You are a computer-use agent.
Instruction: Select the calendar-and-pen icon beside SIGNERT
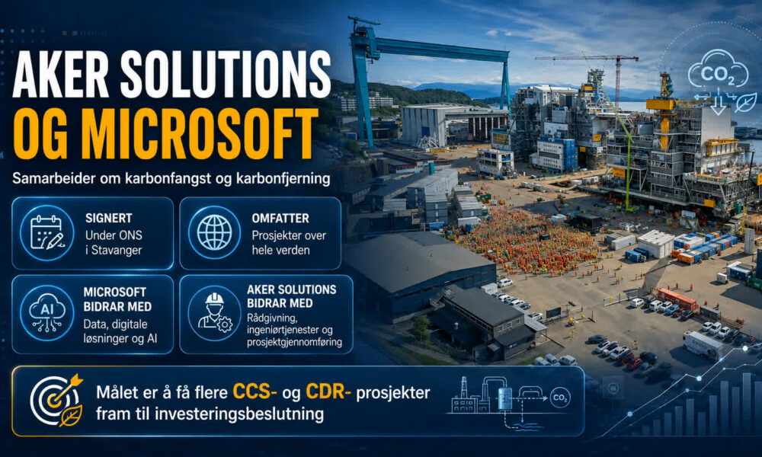click(46, 233)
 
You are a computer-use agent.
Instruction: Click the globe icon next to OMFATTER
click(214, 232)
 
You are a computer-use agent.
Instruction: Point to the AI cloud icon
click(46, 313)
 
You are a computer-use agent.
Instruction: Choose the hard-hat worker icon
click(214, 313)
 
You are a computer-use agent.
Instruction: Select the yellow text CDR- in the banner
click(328, 391)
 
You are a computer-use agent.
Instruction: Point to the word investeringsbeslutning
click(239, 414)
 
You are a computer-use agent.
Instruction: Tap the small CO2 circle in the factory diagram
click(560, 398)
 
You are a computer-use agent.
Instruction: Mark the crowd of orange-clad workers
click(527, 241)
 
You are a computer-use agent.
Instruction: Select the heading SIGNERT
click(108, 218)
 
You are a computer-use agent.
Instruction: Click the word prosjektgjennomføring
click(294, 342)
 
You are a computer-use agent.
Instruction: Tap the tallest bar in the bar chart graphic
click(747, 404)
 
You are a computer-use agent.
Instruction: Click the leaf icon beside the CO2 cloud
click(746, 103)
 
